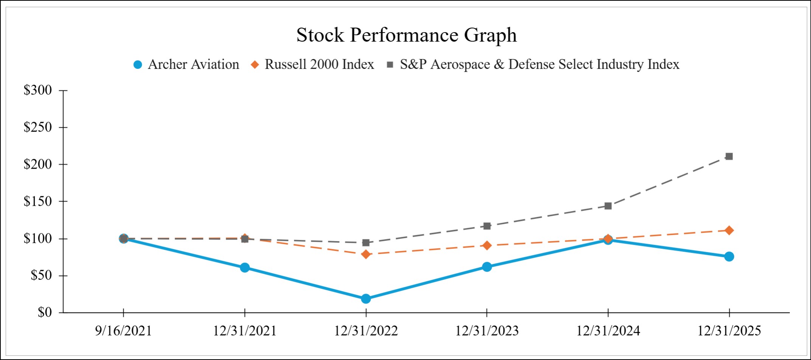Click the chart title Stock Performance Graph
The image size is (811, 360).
point(406,35)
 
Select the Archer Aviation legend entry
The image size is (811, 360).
point(186,65)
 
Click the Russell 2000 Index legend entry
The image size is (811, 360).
point(312,65)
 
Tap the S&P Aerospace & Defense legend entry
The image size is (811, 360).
point(533,65)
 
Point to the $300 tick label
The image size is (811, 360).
point(37,90)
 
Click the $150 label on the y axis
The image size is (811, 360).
point(37,201)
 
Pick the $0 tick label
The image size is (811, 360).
point(44,312)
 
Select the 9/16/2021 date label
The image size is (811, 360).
point(123,331)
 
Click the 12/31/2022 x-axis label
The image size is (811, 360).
point(365,331)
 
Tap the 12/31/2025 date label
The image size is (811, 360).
point(729,331)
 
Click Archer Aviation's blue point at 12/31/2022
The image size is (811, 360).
point(366,299)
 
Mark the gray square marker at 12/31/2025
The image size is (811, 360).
point(729,156)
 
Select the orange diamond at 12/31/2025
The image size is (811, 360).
point(729,230)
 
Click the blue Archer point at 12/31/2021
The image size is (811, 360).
point(245,267)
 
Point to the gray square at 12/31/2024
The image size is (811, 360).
point(608,206)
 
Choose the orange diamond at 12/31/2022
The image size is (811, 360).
point(366,254)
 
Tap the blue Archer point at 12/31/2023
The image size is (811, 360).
point(487,267)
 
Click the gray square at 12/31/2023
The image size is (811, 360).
point(487,226)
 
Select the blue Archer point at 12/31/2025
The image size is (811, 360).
point(729,256)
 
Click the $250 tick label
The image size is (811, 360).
point(37,127)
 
